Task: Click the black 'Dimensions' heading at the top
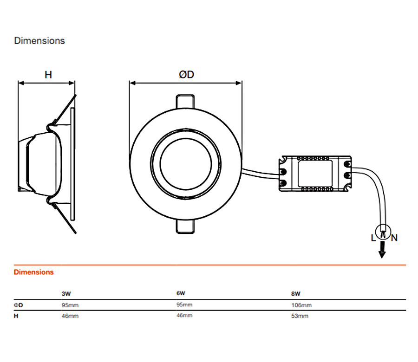pyautogui.click(x=39, y=41)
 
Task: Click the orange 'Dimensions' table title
pyautogui.click(x=33, y=272)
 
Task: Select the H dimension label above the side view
pyautogui.click(x=48, y=75)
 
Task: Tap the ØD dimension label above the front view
pyautogui.click(x=186, y=75)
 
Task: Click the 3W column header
pyautogui.click(x=66, y=294)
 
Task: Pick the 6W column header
pyautogui.click(x=181, y=293)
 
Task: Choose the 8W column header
pyautogui.click(x=296, y=294)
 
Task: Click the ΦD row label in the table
pyautogui.click(x=19, y=305)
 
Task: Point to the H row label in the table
pyautogui.click(x=16, y=316)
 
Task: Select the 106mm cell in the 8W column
pyautogui.click(x=301, y=305)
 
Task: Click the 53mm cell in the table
pyautogui.click(x=300, y=316)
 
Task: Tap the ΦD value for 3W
pyautogui.click(x=70, y=305)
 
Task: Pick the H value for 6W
pyautogui.click(x=184, y=316)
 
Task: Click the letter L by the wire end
pyautogui.click(x=373, y=238)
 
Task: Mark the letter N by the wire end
pyautogui.click(x=394, y=238)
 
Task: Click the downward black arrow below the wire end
pyautogui.click(x=382, y=250)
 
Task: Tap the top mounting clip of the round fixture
pyautogui.click(x=185, y=102)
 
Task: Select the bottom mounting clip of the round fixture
pyautogui.click(x=185, y=226)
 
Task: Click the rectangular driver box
pyautogui.click(x=315, y=174)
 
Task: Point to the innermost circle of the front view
pyautogui.click(x=186, y=138)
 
